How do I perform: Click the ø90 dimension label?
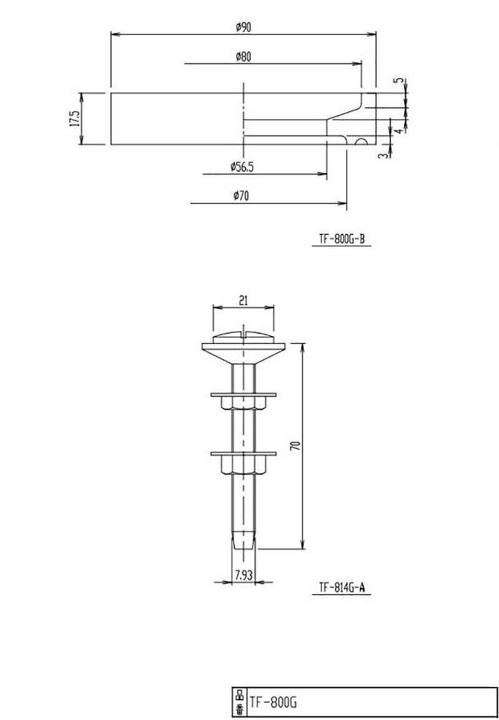point(243,27)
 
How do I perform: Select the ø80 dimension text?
point(243,56)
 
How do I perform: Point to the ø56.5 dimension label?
point(243,166)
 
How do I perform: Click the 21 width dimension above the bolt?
point(243,300)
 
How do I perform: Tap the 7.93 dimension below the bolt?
point(243,575)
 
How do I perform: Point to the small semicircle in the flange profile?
point(360,142)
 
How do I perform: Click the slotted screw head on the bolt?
point(243,337)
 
